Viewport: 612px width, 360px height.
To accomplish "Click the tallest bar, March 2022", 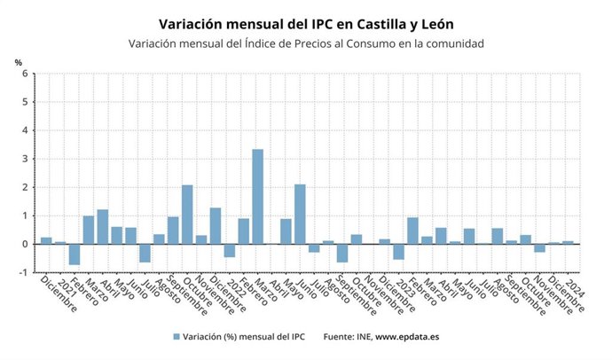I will coord(257,196).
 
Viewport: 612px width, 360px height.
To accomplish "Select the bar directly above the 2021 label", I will coord(60,242).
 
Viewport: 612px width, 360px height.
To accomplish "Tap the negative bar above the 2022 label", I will coord(230,250).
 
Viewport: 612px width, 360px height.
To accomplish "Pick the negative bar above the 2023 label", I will coord(398,251).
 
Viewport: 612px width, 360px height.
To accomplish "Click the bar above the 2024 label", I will coord(568,242).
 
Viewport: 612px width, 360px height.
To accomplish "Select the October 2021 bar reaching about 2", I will coord(187,214).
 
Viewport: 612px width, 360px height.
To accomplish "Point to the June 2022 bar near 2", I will coord(300,214).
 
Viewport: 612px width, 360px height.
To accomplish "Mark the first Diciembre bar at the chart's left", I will coord(46,240).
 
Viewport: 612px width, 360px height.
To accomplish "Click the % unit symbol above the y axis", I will coord(18,61).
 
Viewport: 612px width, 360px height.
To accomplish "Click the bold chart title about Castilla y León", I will coord(305,23).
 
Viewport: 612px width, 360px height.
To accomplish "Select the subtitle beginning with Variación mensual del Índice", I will coord(305,43).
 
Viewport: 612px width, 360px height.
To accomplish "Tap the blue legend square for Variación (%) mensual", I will coord(177,336).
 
